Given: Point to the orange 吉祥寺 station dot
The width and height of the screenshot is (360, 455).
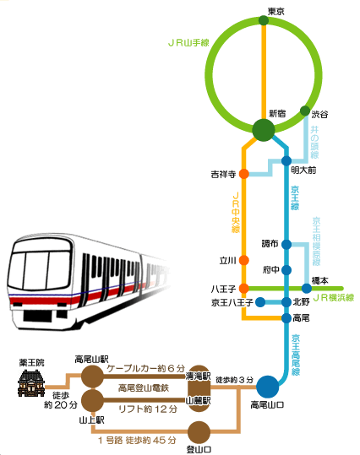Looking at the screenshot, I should point(243,174).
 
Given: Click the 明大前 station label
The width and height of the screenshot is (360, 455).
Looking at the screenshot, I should point(303,171).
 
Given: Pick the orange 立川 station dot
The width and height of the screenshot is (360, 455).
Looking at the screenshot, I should point(243,260).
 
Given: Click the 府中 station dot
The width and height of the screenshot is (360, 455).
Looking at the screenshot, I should point(286,270).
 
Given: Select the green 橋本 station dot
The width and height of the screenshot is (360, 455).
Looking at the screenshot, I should point(305,289).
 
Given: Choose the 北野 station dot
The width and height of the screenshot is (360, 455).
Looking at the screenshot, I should point(286,301).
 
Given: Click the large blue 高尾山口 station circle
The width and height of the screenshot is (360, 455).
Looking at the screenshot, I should point(267,387).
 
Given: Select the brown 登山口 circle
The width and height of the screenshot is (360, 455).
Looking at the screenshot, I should point(199,431).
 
